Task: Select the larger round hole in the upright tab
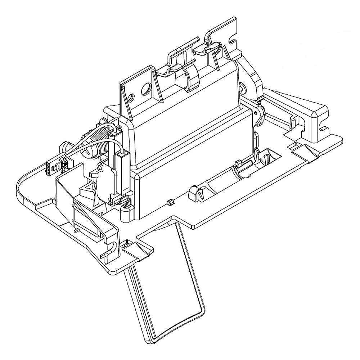pyautogui.click(x=146, y=89)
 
